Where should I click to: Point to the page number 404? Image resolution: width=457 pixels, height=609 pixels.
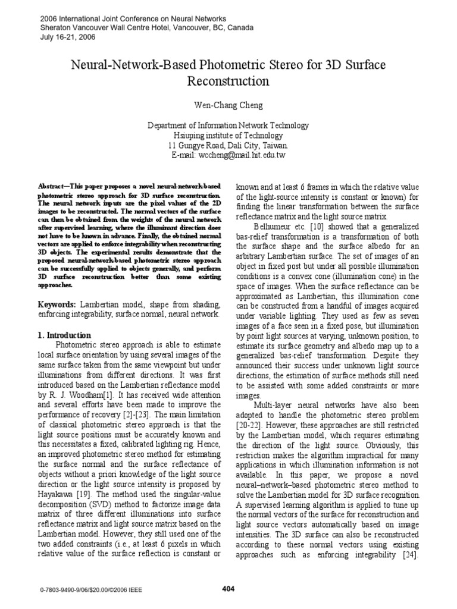click(x=228, y=589)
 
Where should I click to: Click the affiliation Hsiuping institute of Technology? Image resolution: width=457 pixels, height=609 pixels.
click(x=228, y=135)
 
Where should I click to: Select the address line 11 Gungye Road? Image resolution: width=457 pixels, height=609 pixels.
click(x=228, y=145)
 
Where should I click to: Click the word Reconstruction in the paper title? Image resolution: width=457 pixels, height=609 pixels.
click(x=228, y=80)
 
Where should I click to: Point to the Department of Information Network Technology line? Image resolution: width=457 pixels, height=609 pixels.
click(x=228, y=125)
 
